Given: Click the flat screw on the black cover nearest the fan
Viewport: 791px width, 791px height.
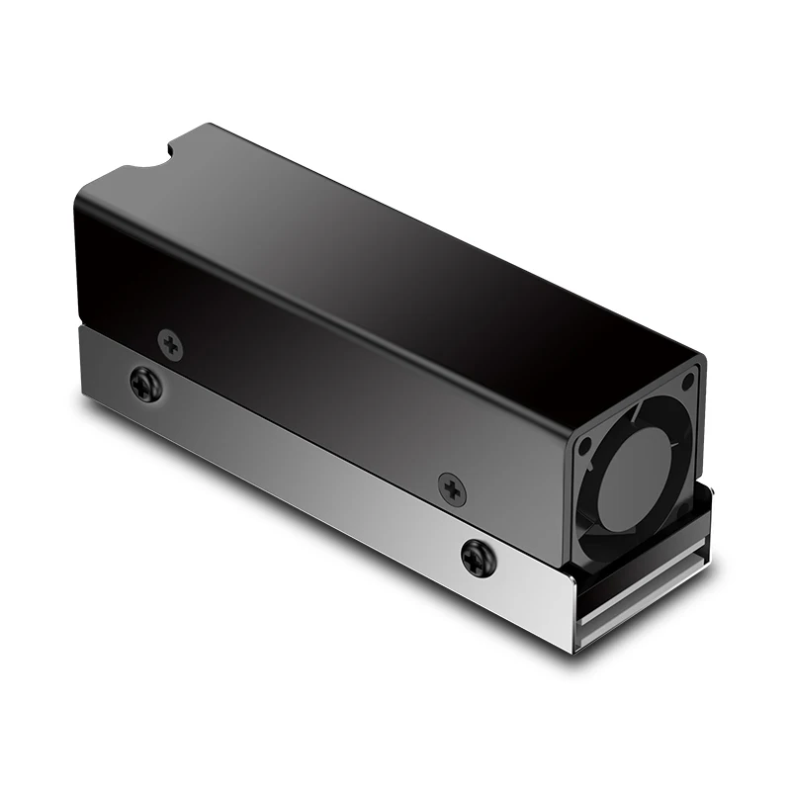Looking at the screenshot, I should point(451,485).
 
